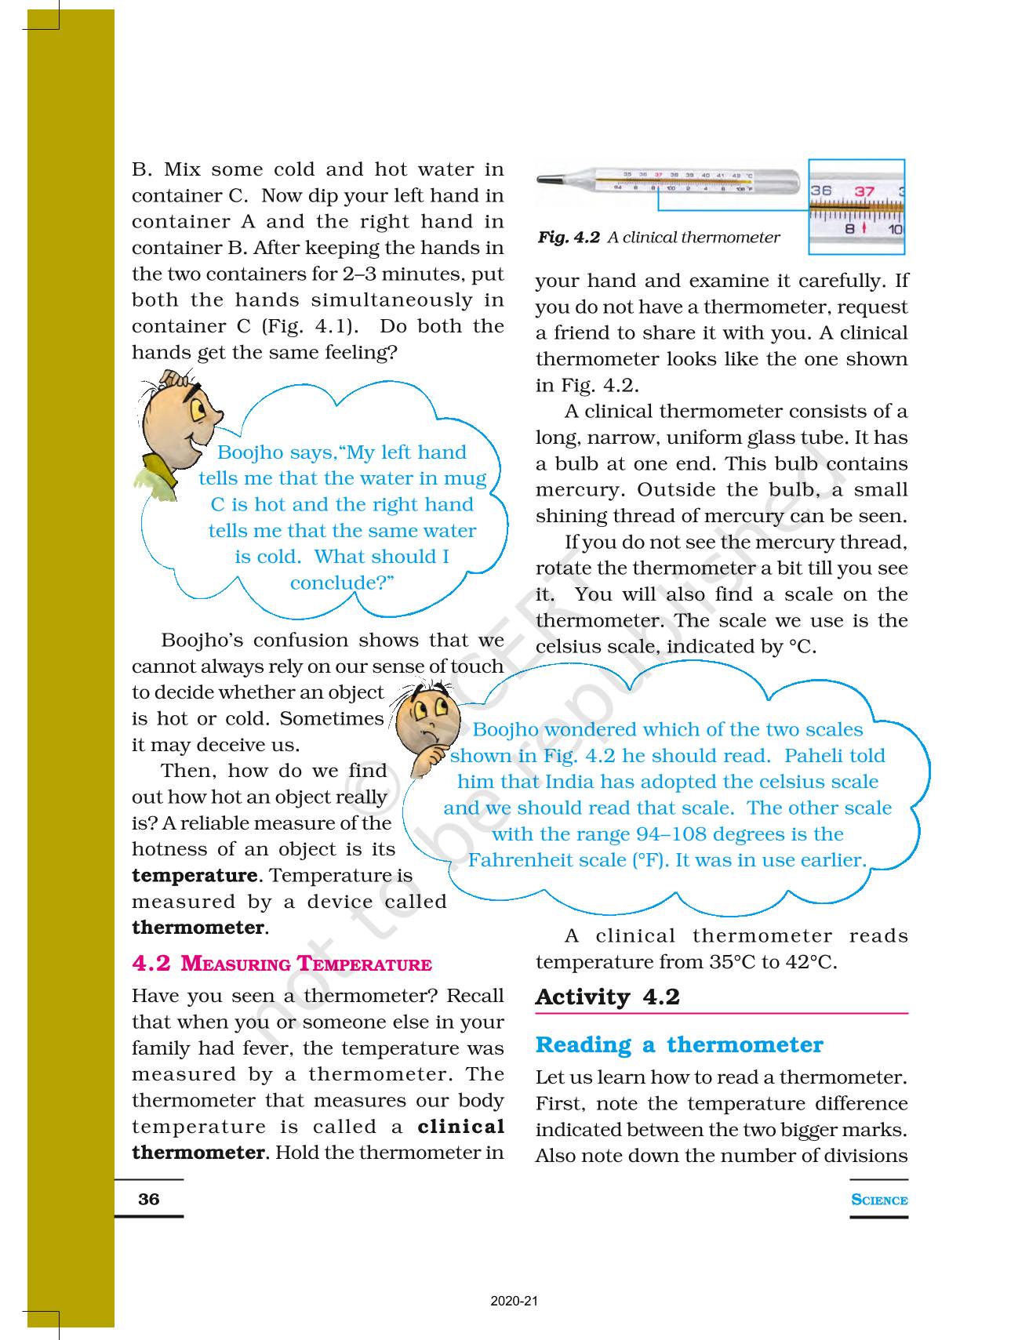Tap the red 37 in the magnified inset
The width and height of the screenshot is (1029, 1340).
tap(864, 191)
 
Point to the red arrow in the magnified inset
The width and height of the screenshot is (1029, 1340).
tap(864, 228)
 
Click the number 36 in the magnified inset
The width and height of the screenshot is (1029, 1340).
tap(821, 191)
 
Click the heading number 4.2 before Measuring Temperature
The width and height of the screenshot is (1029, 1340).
tap(151, 964)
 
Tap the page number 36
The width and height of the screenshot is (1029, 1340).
tap(148, 1199)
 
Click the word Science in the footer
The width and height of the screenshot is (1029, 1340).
tap(879, 1200)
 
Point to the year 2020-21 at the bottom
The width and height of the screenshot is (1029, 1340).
tap(514, 1302)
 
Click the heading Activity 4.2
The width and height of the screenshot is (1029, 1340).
tap(607, 997)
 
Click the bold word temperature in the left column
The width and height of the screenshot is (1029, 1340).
tap(195, 875)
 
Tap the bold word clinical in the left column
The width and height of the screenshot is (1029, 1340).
tap(461, 1127)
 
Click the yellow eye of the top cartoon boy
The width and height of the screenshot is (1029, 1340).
tap(196, 408)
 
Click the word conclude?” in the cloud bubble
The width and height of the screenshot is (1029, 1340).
tap(341, 583)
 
